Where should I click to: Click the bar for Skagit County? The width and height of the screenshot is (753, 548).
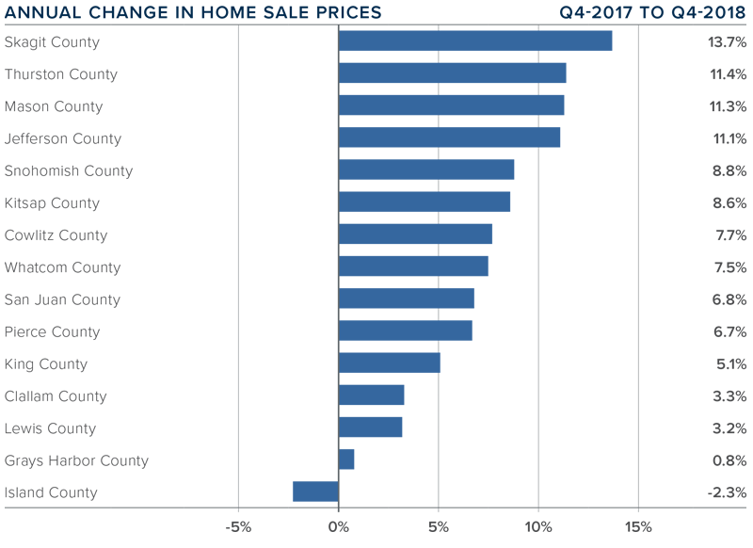pos(474,41)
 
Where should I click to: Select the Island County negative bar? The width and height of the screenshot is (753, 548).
pos(315,492)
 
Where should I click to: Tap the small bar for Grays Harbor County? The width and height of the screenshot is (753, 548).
pos(346,459)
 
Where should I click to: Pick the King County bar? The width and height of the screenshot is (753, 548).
pos(389,363)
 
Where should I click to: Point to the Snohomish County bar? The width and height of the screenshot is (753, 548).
pos(425,169)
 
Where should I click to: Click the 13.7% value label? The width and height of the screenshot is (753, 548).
pos(728,42)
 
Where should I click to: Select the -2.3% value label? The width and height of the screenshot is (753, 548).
pos(728,492)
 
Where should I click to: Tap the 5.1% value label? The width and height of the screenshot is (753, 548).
pos(729,364)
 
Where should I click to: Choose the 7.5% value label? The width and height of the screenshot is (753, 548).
pos(729,267)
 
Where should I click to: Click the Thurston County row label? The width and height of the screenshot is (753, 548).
pos(61,74)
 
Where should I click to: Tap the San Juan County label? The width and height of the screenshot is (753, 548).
pos(62,299)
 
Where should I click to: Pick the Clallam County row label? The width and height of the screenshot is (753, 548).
pos(56,396)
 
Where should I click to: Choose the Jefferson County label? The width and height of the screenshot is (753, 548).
pos(63,138)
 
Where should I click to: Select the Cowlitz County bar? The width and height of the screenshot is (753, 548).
pos(415,234)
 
